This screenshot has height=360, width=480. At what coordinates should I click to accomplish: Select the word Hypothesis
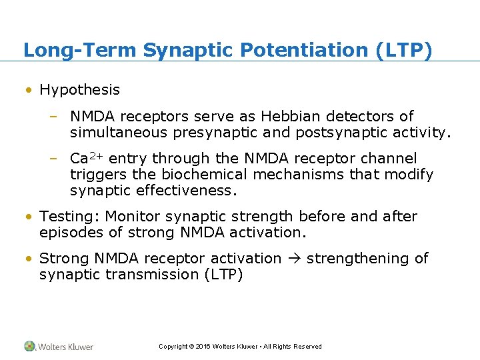(x=80, y=90)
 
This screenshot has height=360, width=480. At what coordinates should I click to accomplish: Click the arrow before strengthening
(x=294, y=259)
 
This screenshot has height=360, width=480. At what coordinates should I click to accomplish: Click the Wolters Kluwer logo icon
(x=30, y=346)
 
